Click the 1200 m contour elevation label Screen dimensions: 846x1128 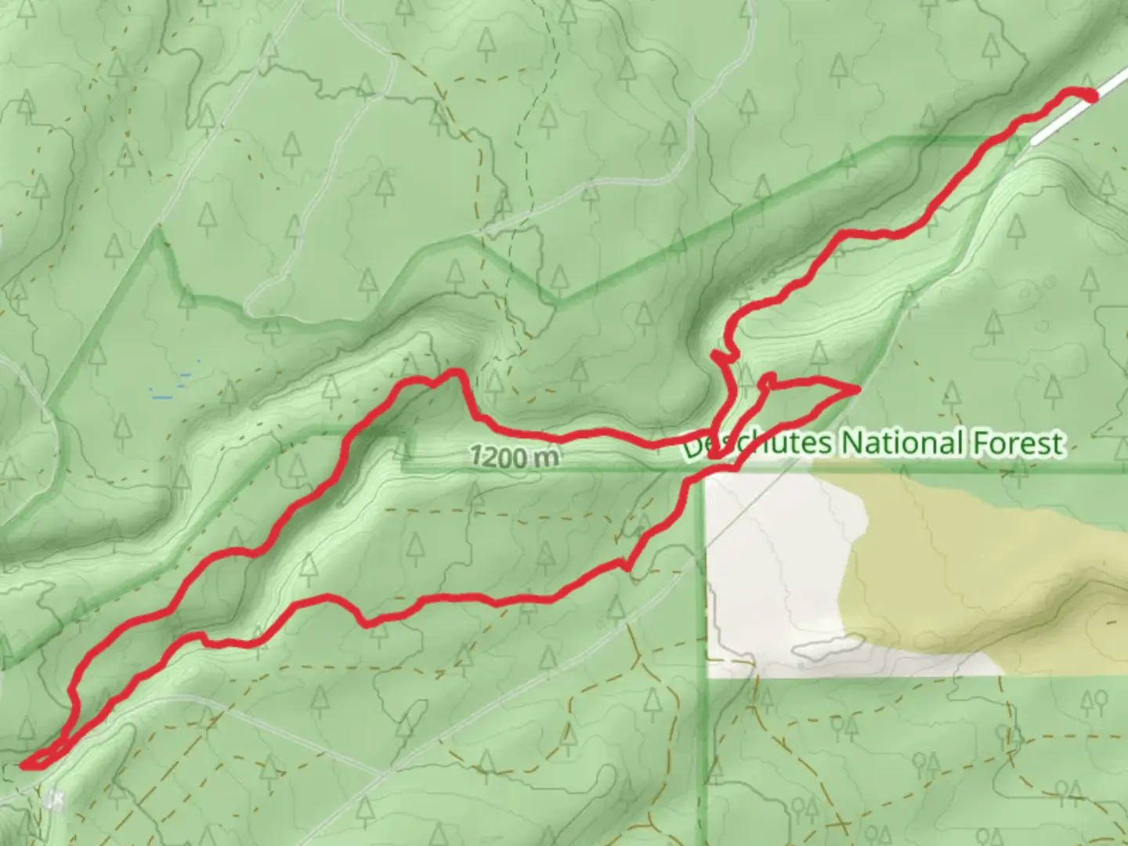point(514,457)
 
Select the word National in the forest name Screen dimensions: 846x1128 point(901,443)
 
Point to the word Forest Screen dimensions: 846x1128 point(1017,443)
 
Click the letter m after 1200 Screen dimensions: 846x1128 point(546,458)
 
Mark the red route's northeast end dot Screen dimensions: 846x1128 point(1090,96)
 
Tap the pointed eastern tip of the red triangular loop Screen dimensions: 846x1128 point(858,389)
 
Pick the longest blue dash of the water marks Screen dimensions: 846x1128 point(162,398)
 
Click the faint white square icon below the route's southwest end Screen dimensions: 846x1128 point(54,800)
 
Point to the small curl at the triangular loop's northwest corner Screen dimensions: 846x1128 point(767,380)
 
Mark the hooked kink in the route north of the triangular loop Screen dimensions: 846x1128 point(722,356)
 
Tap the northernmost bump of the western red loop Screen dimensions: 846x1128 point(454,373)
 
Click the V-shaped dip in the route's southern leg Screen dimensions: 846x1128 point(365,624)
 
